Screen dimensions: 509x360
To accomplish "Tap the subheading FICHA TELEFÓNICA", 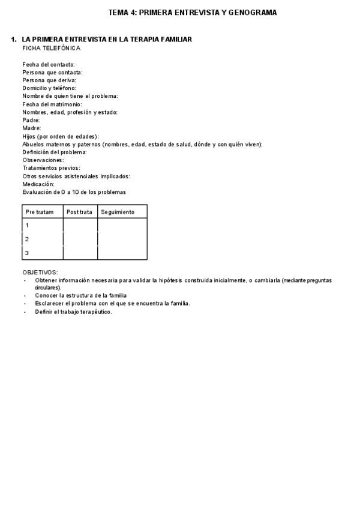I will (52, 48).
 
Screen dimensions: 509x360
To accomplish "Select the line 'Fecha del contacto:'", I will (49, 64).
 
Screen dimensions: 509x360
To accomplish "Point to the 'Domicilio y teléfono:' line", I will (49, 88).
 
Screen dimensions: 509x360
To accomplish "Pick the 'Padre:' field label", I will (31, 120).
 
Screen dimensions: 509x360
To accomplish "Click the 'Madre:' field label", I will (32, 128).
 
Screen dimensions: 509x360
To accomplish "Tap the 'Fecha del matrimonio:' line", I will (52, 104).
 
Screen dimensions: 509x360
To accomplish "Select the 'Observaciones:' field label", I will (43, 160).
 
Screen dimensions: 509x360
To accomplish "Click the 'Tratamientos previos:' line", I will (51, 168).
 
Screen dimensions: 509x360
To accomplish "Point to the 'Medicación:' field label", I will (38, 184).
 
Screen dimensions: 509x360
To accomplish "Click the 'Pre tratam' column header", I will (40, 212).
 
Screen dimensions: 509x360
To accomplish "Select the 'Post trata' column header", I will (80, 212).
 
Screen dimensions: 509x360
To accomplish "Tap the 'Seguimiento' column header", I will (118, 212).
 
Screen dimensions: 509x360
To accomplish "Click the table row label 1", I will (27, 225).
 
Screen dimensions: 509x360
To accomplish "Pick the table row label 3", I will (27, 253).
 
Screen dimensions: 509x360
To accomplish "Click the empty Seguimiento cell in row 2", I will (122, 239).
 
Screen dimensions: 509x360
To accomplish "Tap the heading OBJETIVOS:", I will (40, 273).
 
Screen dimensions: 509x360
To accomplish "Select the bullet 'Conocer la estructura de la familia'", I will (81, 296).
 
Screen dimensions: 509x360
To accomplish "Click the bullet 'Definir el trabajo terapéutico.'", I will (73, 312).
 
